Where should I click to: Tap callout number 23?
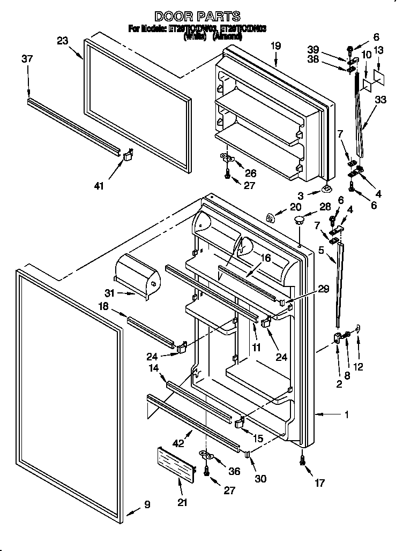63,41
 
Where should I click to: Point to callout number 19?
275,46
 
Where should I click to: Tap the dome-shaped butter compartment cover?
138,273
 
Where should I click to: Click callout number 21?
182,502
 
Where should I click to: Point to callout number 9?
147,504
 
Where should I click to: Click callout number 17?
319,483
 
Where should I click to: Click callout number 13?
378,51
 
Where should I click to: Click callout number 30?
260,479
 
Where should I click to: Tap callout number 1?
348,413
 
